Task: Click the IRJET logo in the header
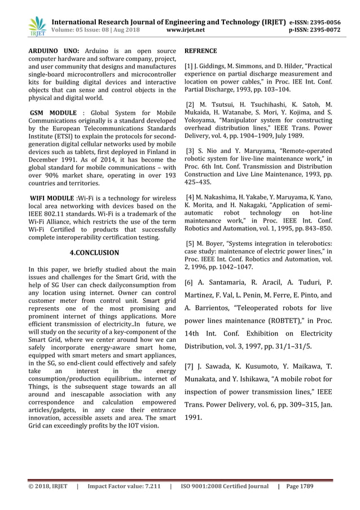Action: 38,26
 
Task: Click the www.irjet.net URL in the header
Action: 186,30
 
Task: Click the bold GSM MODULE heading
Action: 54,114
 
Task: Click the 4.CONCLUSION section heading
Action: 94,252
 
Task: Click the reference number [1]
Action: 189,68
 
